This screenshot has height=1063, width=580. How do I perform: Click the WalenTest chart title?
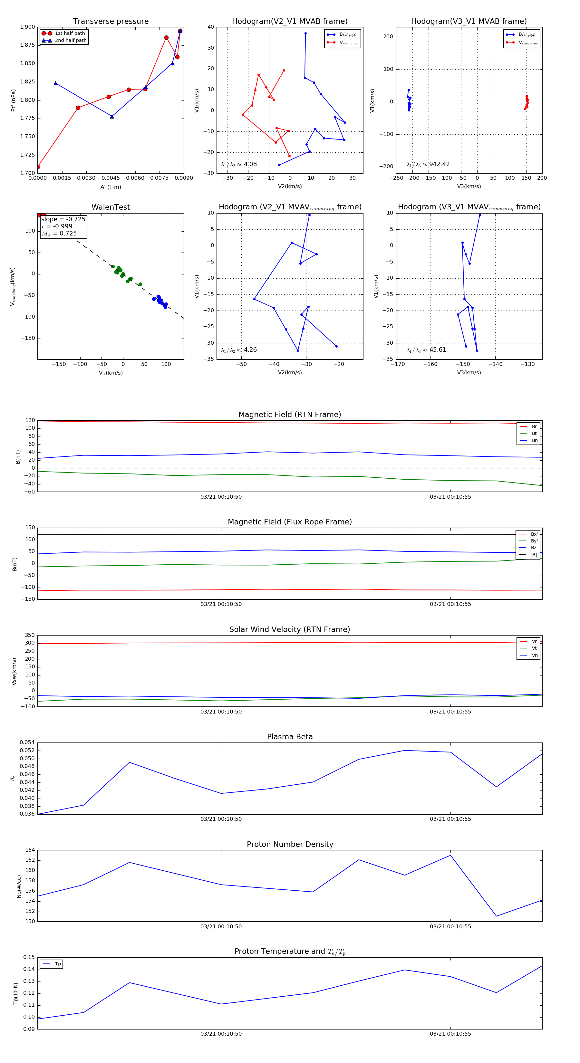coord(111,207)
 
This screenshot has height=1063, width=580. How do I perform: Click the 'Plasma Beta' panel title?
coord(290,737)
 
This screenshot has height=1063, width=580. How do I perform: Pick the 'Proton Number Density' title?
coord(290,844)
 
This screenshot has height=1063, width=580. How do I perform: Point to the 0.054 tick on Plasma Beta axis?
coord(27,743)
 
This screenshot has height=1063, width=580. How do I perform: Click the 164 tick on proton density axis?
coord(30,850)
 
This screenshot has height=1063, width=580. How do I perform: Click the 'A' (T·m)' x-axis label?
coord(111,187)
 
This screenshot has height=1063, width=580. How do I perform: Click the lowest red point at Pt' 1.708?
coord(38,167)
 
